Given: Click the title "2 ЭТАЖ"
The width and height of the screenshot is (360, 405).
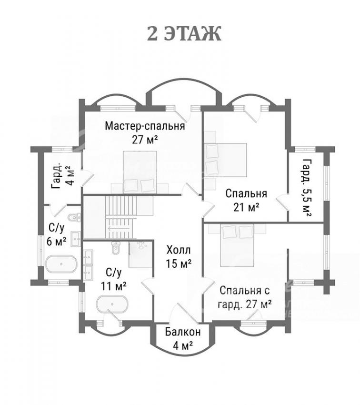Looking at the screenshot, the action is tap(184, 33).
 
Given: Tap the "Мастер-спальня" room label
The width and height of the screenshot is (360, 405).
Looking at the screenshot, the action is tap(145, 126).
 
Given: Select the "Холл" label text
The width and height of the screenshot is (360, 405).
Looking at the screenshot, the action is tap(179, 250).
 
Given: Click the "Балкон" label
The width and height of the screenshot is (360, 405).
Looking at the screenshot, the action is tap(183, 332).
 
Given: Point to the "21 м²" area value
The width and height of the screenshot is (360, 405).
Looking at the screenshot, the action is tap(246, 207).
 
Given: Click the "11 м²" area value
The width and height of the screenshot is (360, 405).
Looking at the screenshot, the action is tap(113, 286).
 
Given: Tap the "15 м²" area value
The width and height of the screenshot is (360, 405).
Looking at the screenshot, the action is tap(179, 263).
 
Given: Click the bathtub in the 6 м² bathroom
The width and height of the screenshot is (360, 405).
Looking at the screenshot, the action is tap(61, 264).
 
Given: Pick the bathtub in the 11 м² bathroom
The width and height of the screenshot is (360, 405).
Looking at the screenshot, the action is tap(112, 304).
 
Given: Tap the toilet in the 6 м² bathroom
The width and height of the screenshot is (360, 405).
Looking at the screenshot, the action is tap(74, 217).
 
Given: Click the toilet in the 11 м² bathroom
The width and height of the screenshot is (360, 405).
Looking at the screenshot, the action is tap(116, 248).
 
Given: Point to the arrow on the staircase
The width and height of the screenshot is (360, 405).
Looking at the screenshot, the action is tap(114, 228).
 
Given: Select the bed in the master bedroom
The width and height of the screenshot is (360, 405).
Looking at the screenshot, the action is tap(140, 172).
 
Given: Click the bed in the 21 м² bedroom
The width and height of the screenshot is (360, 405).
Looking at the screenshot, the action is tap(226, 160).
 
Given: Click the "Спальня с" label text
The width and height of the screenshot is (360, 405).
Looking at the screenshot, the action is tap(245, 291).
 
